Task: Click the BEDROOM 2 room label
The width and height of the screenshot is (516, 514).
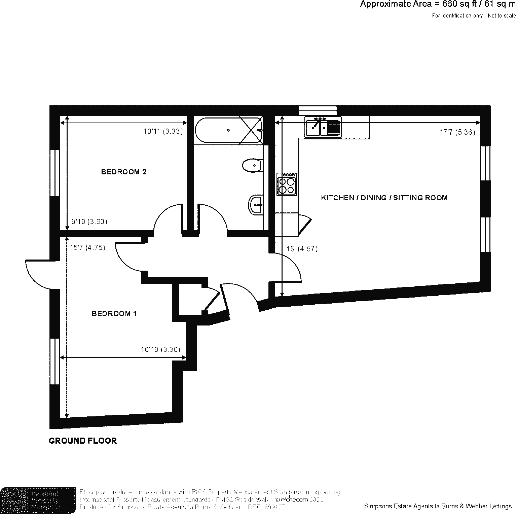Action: click(123, 172)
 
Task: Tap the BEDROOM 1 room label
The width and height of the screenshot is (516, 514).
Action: click(114, 314)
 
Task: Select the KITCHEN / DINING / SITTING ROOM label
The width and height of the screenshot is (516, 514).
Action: click(384, 198)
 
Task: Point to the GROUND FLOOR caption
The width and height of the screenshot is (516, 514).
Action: click(83, 441)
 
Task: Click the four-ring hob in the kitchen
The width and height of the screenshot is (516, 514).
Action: click(287, 184)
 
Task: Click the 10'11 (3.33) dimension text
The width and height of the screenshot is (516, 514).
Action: click(163, 131)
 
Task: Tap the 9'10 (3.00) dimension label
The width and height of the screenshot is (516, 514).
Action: click(89, 222)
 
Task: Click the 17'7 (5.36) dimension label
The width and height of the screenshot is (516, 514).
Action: click(457, 132)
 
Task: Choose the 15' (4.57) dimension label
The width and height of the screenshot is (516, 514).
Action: click(302, 249)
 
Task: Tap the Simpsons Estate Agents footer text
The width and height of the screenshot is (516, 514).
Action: click(437, 506)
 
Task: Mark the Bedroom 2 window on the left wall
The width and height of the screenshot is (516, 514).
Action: click(54, 172)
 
